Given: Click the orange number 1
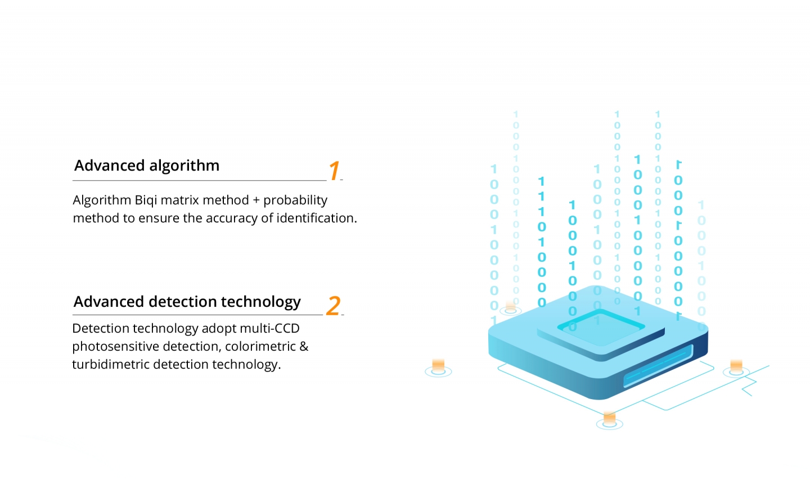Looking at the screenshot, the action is tap(334, 171).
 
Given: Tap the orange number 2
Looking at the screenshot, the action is tap(333, 306).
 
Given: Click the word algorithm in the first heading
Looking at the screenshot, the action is tap(184, 166).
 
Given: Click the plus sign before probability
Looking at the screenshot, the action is tap(256, 200).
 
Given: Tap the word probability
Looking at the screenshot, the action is tap(295, 200).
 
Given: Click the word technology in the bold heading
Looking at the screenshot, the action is tap(261, 302).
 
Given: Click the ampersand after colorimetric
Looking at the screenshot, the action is tap(304, 347).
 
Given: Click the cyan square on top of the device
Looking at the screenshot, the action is tap(601, 327).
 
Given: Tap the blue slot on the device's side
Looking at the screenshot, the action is tap(658, 365).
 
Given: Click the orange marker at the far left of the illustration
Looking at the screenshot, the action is tap(438, 366).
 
